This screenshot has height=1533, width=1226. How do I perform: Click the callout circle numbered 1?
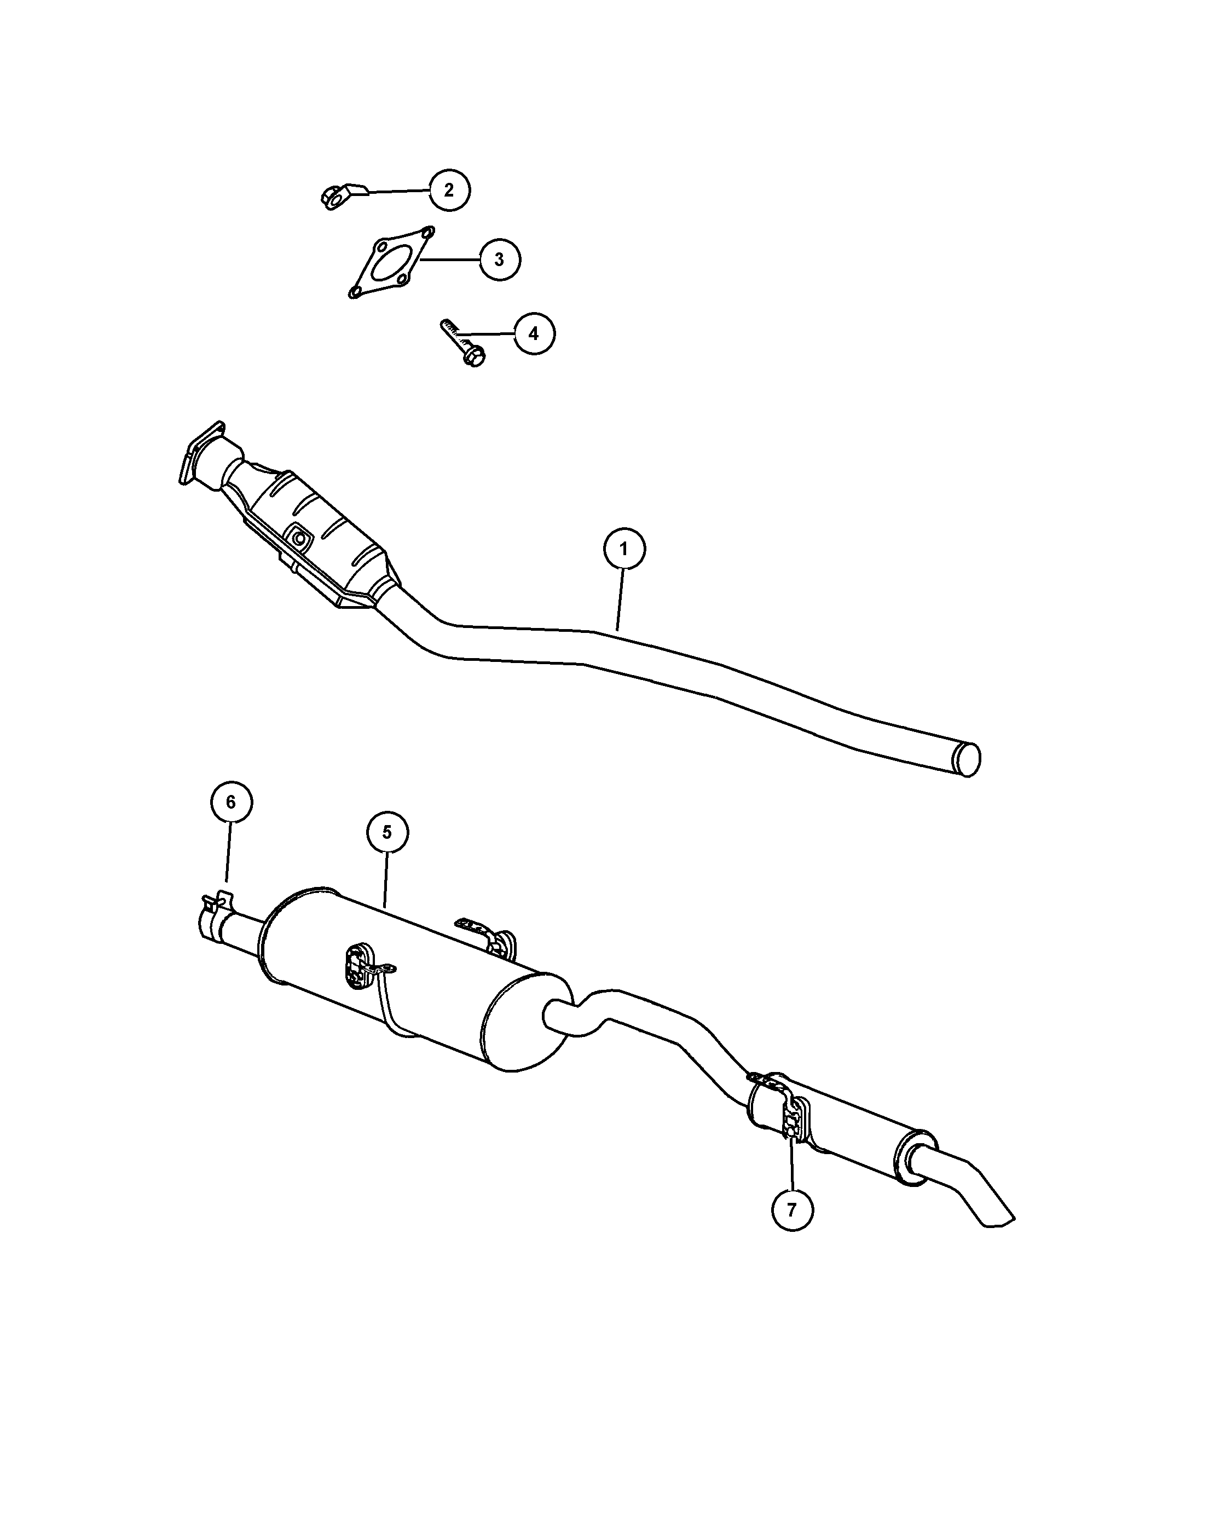click(x=624, y=549)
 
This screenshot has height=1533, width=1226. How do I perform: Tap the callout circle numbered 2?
click(x=449, y=190)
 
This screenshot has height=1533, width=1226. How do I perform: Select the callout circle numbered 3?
click(x=500, y=260)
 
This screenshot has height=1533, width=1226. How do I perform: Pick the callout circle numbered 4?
click(x=534, y=333)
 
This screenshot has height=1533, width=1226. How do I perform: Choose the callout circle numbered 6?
click(x=231, y=802)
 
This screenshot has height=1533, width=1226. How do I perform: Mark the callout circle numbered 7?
click(x=792, y=1209)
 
